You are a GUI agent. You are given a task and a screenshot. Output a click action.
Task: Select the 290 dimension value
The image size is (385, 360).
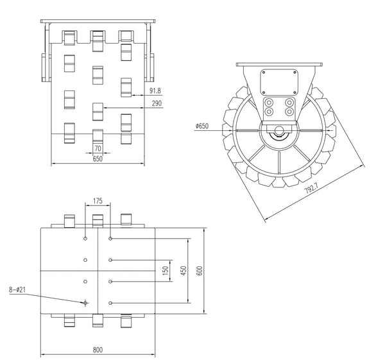(x=156, y=103)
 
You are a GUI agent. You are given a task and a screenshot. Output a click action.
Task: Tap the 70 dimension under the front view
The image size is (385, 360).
(x=98, y=149)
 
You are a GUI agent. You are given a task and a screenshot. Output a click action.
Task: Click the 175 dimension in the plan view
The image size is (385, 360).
(x=98, y=201)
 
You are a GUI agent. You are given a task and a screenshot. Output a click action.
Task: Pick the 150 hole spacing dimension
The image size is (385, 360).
(x=165, y=270)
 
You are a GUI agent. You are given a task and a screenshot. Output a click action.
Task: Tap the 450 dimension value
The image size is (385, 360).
(x=182, y=270)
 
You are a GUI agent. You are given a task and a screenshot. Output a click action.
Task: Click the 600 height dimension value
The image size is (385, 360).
(x=200, y=270)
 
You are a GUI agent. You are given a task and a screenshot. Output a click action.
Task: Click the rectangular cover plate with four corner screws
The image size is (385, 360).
(x=279, y=81)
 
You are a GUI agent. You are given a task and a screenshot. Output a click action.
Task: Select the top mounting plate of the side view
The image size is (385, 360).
(x=279, y=65)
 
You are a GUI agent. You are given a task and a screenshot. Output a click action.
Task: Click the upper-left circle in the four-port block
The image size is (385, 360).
(x=270, y=101)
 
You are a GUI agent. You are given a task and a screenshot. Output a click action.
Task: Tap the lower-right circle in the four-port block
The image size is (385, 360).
(x=289, y=112)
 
